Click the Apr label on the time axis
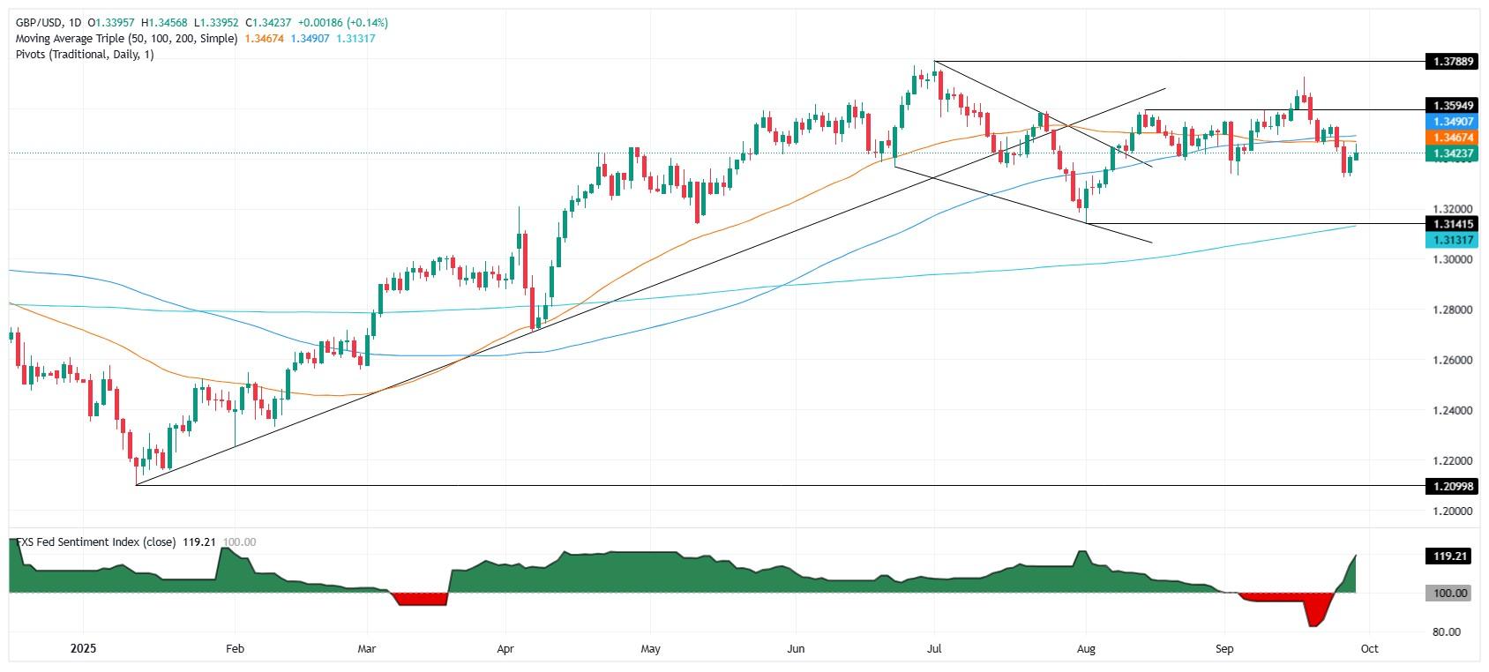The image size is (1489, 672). [505, 648]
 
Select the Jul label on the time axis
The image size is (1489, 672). [934, 648]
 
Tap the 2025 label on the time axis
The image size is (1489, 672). [83, 648]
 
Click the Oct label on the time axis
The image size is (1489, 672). [1369, 648]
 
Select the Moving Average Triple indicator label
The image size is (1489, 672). [126, 38]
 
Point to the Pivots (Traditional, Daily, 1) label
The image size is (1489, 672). [85, 54]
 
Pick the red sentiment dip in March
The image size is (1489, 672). [420, 599]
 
